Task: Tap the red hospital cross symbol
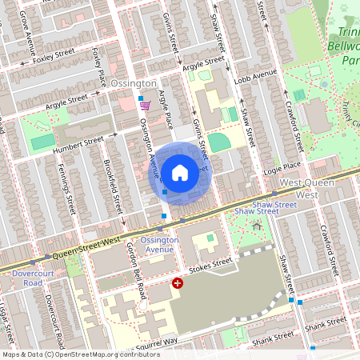178,283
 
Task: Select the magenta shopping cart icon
145,105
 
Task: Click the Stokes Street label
212,264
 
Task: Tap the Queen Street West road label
86,248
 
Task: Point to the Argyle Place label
166,110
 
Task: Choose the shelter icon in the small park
257,226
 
